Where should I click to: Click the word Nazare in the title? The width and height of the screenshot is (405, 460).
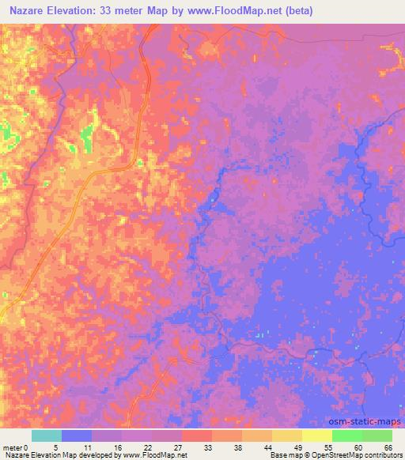coord(25,11)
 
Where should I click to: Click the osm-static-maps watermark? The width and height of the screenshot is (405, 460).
coord(367,423)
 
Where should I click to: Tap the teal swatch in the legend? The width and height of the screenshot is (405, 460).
coord(47,435)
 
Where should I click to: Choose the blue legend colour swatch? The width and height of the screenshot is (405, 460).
coord(77,435)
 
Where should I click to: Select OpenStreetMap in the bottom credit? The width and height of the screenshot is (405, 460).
coord(335,454)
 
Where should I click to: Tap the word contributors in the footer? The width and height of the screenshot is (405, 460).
coord(381,454)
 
